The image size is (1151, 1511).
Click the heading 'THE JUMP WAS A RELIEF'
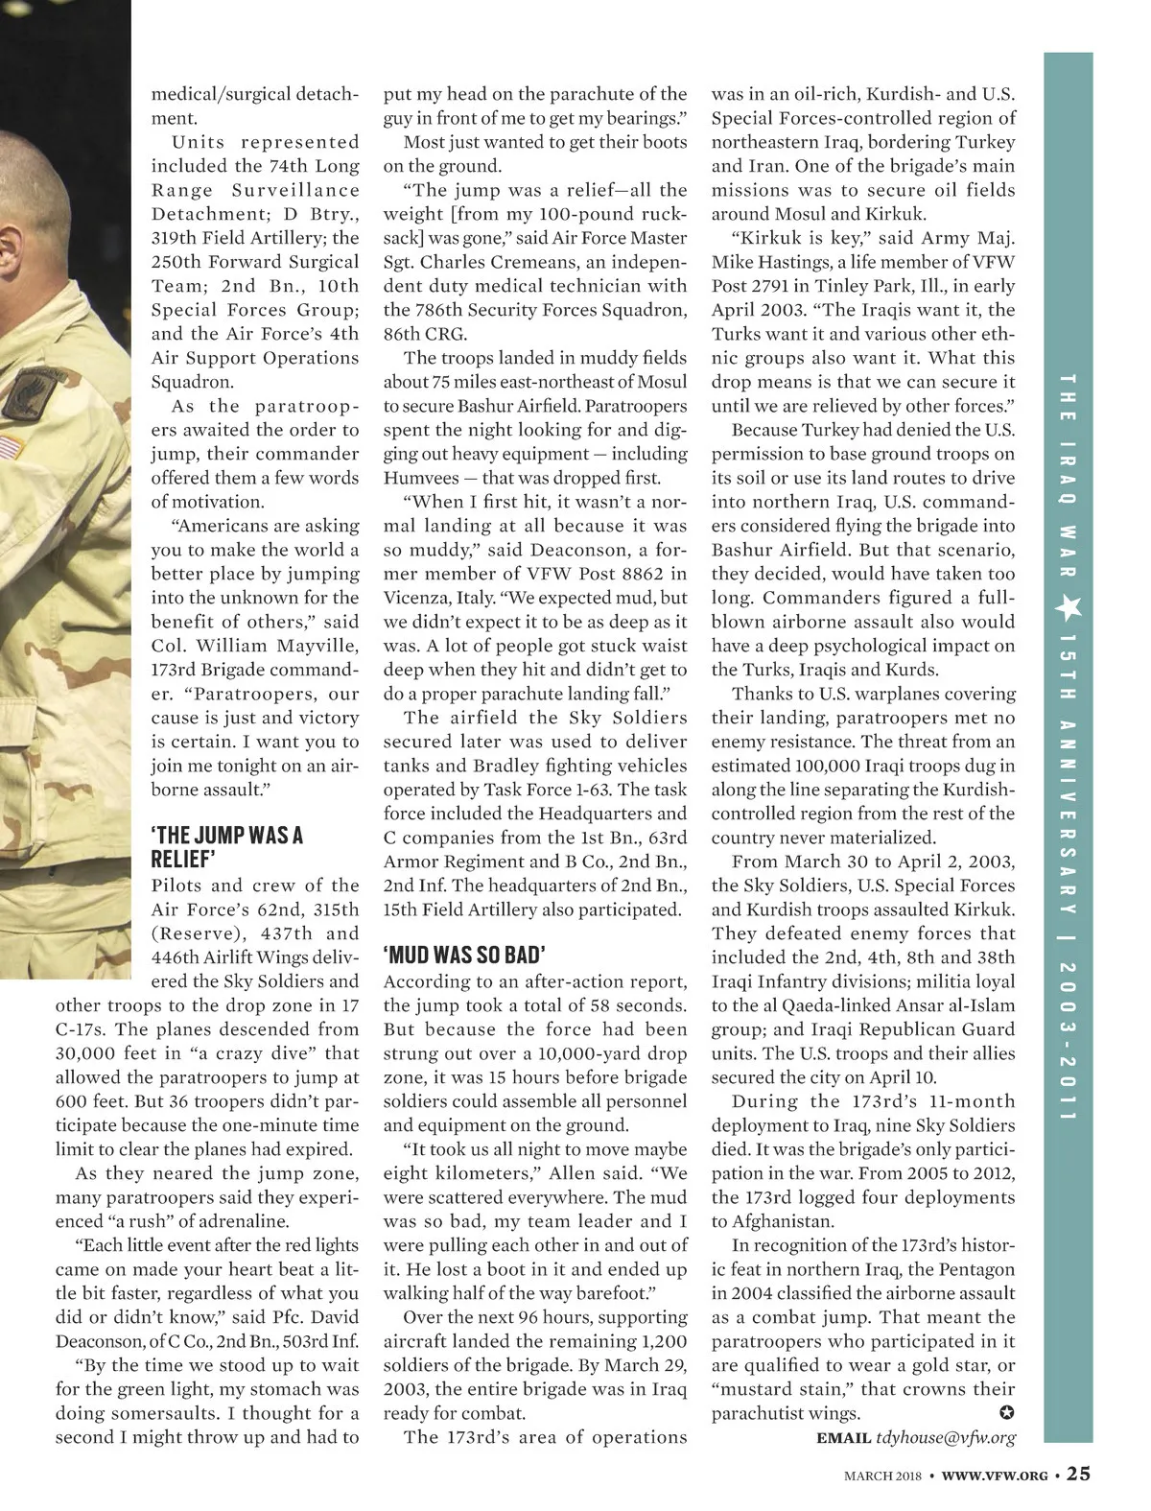pyautogui.click(x=226, y=846)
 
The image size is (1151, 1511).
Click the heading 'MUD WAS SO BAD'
pyautogui.click(x=464, y=955)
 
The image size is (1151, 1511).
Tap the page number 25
pyautogui.click(x=1078, y=1474)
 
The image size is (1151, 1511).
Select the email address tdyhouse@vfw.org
pyautogui.click(x=945, y=1437)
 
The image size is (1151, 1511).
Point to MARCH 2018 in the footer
pyautogui.click(x=881, y=1476)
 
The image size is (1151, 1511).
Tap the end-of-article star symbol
pyautogui.click(x=1007, y=1412)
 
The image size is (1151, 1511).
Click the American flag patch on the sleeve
pyautogui.click(x=10, y=447)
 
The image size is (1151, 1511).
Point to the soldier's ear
pyautogui.click(x=8, y=245)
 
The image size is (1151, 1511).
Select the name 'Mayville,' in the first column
pyautogui.click(x=316, y=646)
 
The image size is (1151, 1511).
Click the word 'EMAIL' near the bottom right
pyautogui.click(x=843, y=1437)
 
